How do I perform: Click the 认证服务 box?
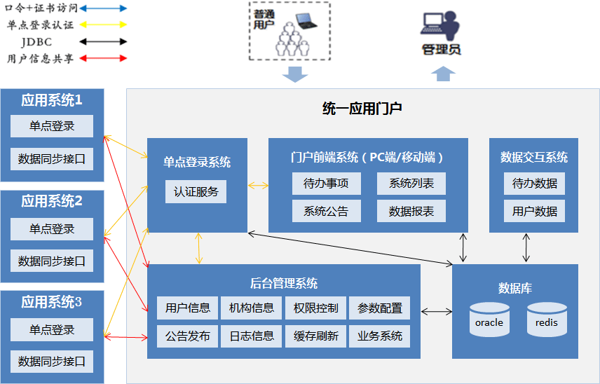pos(196,191)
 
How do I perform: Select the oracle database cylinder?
pos(489,320)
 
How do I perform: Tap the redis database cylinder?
pos(547,320)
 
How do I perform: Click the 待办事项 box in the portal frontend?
pos(327,184)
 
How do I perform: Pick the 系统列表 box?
pos(411,184)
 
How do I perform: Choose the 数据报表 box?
pos(411,211)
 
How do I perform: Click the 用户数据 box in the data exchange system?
pos(534,211)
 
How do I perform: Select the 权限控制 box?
pos(315,308)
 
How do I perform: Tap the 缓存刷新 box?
pos(315,336)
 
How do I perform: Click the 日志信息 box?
pos(252,336)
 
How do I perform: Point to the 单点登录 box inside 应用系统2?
pos(52,229)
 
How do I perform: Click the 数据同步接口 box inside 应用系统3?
pos(52,362)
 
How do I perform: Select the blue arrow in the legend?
pos(103,8)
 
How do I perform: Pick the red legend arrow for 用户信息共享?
pos(103,59)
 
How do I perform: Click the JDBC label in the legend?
pos(36,41)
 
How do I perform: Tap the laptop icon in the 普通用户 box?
pos(306,21)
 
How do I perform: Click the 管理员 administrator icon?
pos(440,26)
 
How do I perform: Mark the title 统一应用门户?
pos(362,109)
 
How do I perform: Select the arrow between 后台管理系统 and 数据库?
pos(436,312)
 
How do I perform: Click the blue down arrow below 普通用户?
pos(295,74)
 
